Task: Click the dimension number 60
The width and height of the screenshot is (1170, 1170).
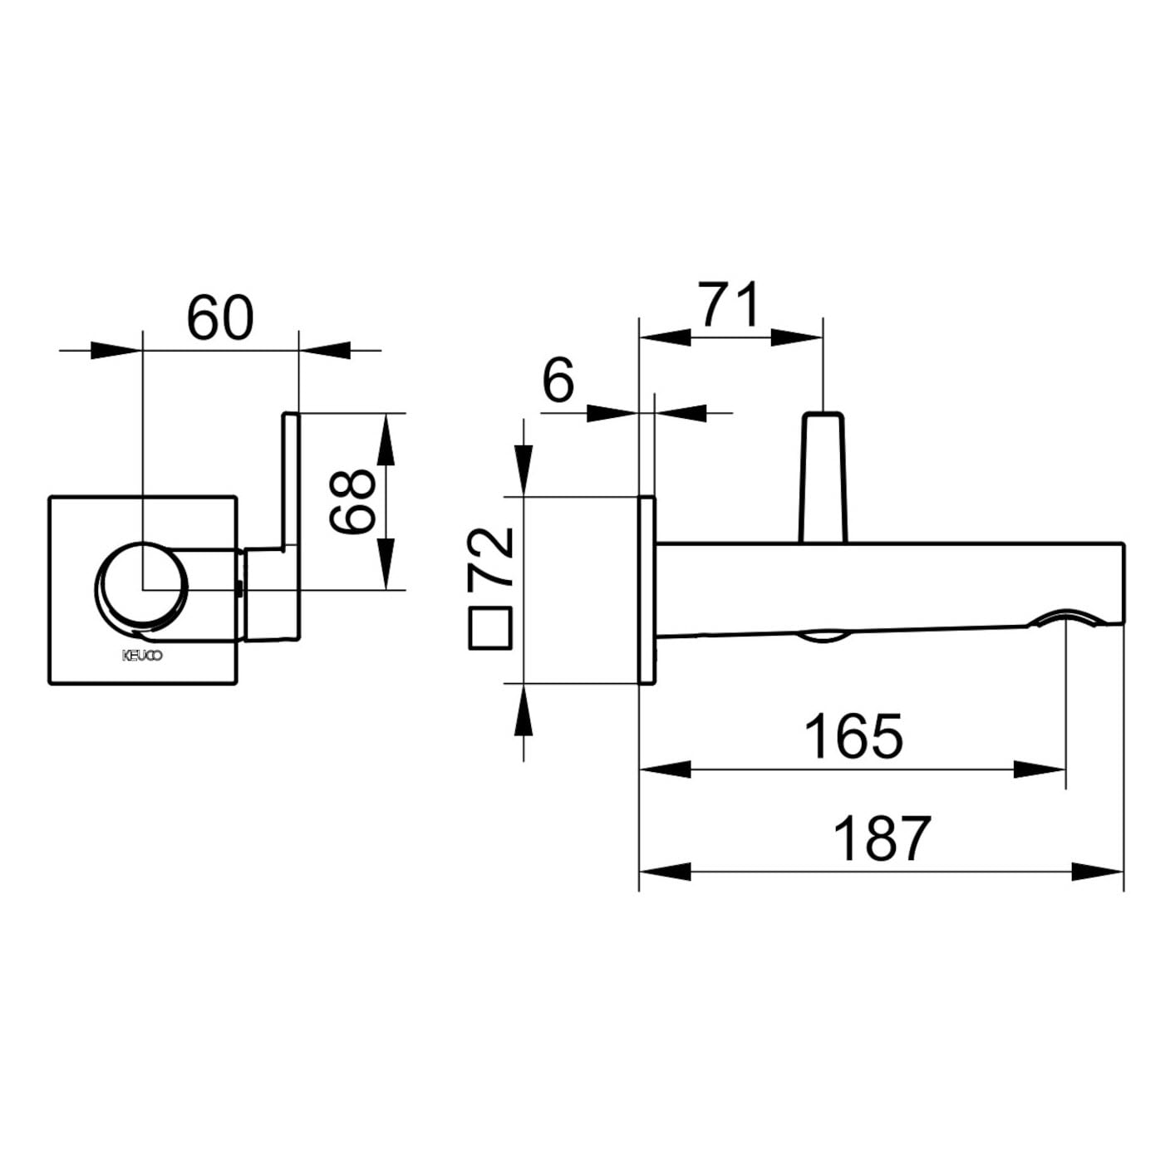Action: (x=220, y=318)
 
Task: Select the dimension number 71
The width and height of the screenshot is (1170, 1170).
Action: (x=730, y=305)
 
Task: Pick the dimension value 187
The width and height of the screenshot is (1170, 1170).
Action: (x=882, y=839)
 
